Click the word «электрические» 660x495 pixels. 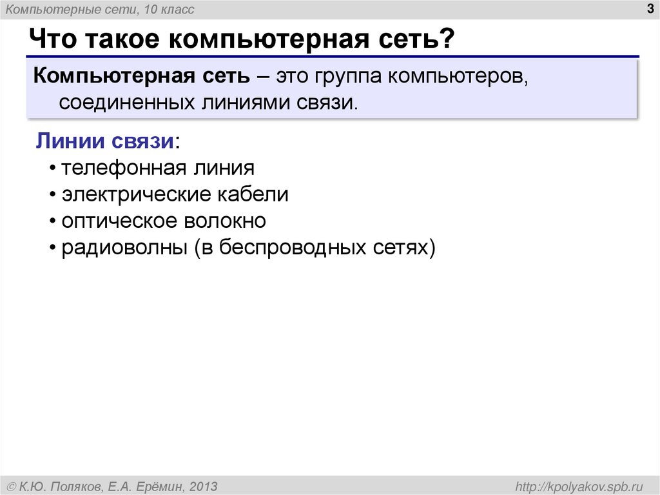click(132, 195)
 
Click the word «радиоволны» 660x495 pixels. click(120, 248)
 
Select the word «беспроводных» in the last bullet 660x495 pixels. click(294, 248)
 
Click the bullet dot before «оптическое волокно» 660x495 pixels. click(52, 222)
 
